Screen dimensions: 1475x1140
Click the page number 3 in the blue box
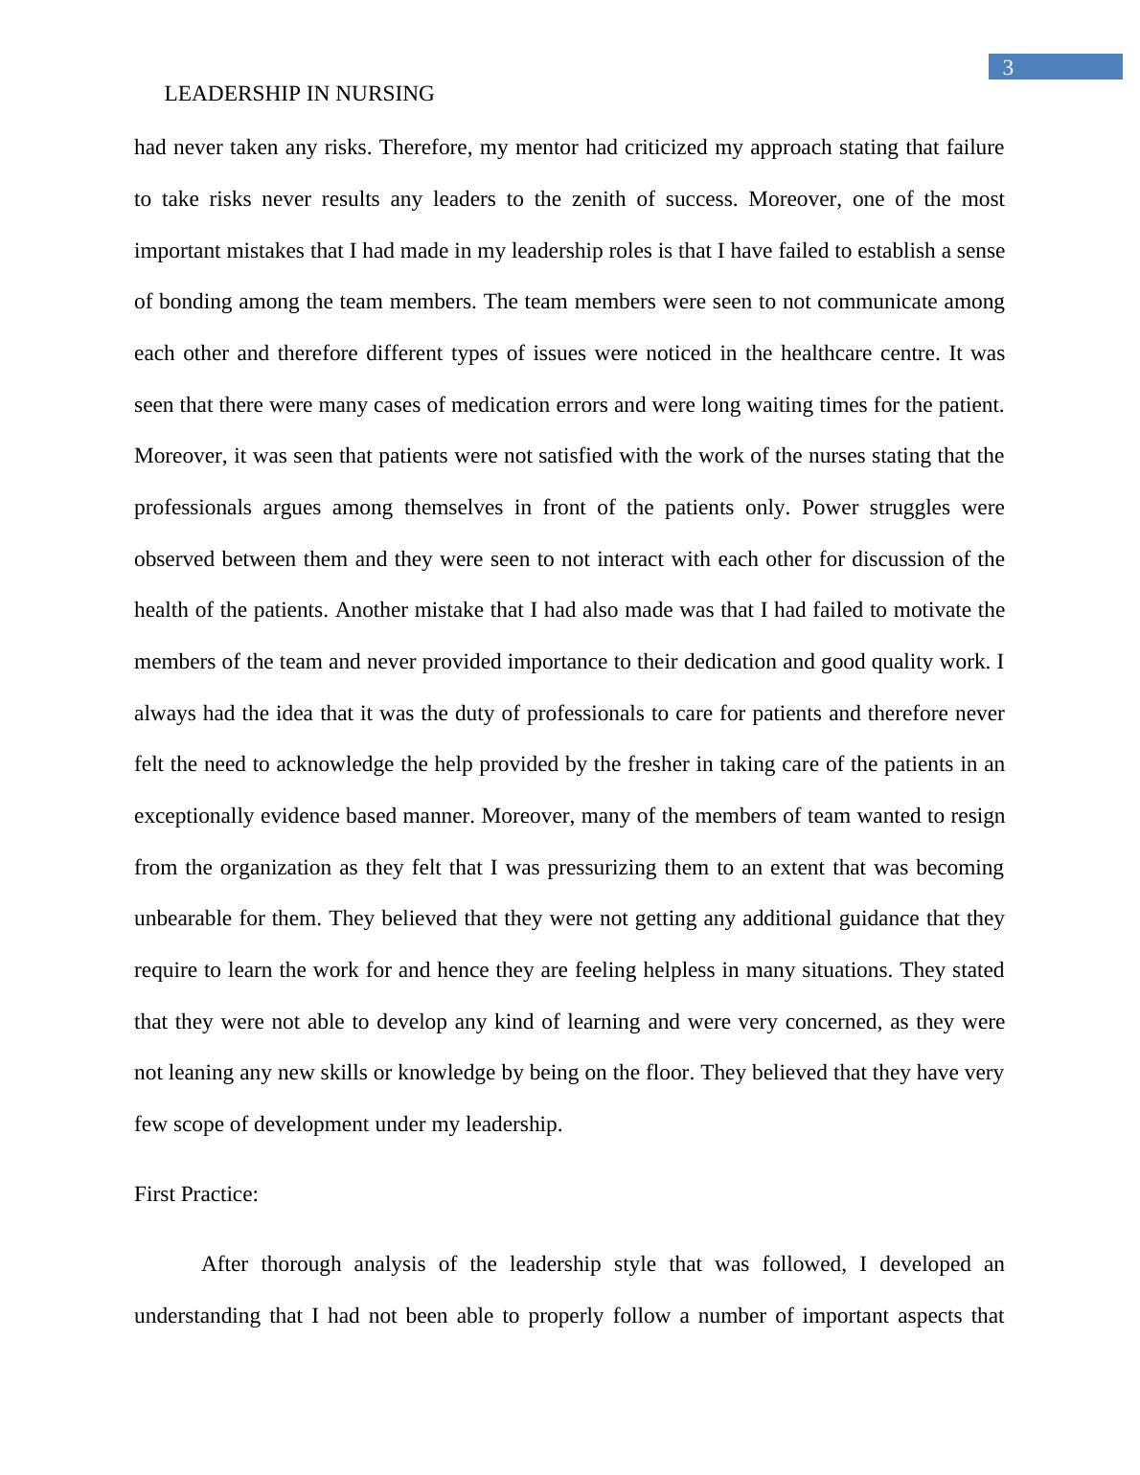[1007, 67]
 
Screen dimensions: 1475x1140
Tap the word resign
[975, 816]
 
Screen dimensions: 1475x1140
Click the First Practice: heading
[196, 1194]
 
